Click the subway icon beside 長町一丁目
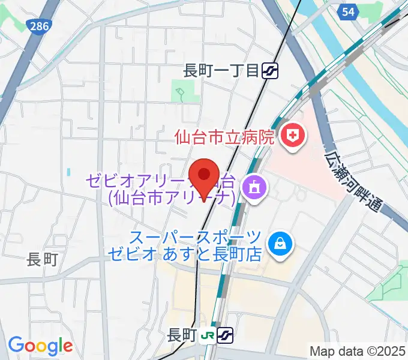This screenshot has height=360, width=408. pos(269,71)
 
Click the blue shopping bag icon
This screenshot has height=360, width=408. pos(280,243)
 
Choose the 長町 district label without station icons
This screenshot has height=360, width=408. pos(43,260)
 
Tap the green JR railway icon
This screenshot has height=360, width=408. pos(208,335)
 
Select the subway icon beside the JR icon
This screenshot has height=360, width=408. pos(225,335)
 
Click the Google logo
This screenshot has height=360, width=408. pos(40,346)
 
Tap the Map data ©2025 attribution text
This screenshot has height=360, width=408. pos(356,350)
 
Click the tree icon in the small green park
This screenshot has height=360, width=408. pos(179,93)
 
